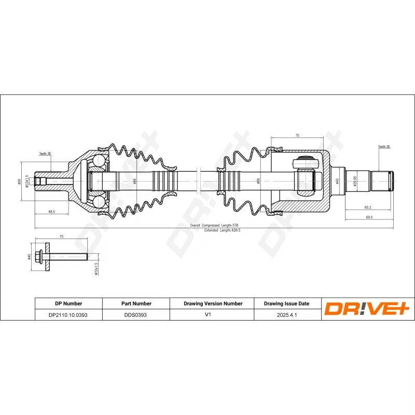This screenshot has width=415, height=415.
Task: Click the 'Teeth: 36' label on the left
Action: (45, 154)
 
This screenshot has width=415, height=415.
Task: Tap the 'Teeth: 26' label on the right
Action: (384, 147)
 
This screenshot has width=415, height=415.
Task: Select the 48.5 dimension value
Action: (51, 212)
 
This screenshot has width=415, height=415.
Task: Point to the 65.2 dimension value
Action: (367, 207)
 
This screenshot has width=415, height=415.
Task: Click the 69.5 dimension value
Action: (369, 217)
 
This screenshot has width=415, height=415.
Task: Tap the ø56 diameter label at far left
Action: (19, 181)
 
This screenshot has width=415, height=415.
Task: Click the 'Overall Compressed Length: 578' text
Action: (214, 225)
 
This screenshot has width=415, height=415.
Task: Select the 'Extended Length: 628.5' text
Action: (218, 230)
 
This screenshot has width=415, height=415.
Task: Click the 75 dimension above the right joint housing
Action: (297, 135)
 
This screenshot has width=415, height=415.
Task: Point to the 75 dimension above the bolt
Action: (61, 236)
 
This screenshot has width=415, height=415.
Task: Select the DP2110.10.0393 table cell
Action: (68, 315)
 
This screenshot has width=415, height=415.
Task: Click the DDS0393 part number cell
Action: (135, 315)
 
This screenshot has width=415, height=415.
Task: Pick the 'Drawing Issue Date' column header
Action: (286, 303)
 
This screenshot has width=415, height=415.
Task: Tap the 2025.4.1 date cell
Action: (286, 315)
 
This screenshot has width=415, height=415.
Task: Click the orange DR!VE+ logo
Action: (367, 309)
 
